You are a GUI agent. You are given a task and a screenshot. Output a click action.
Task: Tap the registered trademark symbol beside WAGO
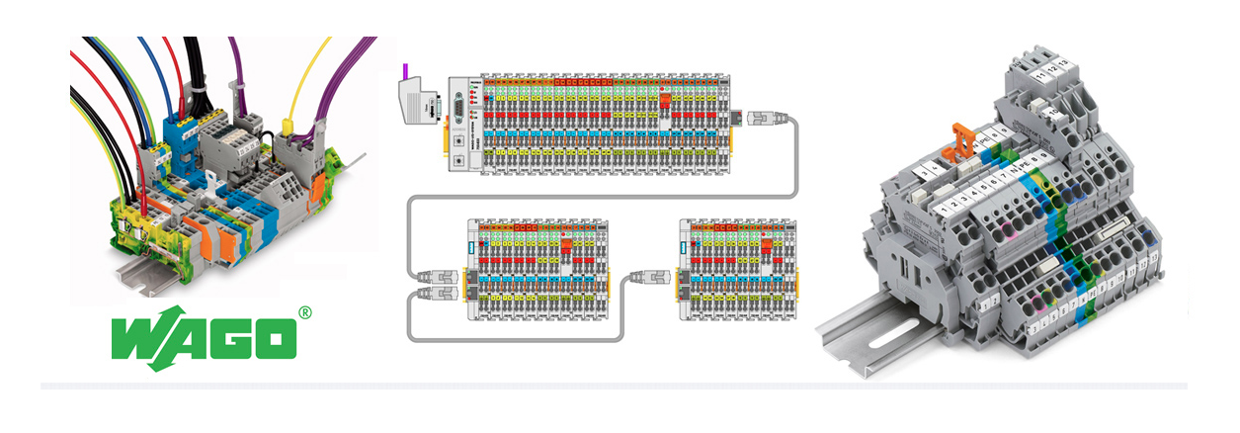click(304, 313)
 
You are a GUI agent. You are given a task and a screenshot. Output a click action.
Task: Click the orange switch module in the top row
click(665, 99)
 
